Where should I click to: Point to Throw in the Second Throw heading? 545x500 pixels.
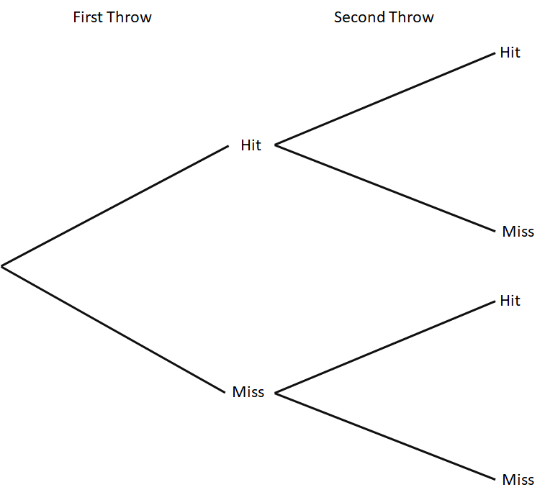[410, 17]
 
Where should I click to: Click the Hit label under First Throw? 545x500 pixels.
[251, 145]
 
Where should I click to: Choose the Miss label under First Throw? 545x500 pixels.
[248, 393]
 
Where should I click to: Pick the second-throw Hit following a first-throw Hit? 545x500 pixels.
[510, 53]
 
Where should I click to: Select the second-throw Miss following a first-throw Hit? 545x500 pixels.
[518, 232]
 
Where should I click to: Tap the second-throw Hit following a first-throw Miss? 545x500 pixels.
[510, 301]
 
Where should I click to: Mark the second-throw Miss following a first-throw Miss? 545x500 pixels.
[518, 480]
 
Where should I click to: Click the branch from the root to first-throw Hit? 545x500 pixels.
[115, 206]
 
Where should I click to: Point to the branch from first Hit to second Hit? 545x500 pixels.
[386, 99]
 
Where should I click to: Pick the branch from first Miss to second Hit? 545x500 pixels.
[386, 347]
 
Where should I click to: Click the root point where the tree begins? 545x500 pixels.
[2, 267]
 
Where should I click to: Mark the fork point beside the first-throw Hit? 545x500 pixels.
[276, 146]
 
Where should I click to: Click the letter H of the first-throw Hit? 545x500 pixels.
[246, 145]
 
